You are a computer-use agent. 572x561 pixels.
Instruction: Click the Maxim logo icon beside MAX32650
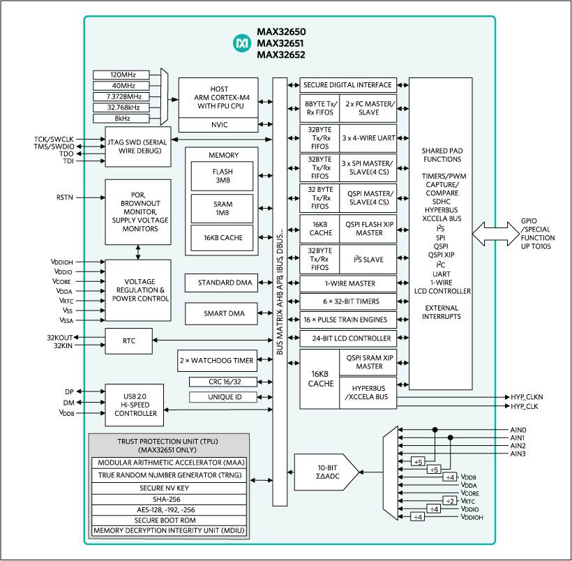tap(242, 44)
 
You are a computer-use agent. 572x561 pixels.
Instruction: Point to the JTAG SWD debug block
tap(138, 147)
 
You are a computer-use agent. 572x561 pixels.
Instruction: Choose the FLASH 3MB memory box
tap(223, 176)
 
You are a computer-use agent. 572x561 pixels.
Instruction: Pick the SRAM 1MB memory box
tap(223, 207)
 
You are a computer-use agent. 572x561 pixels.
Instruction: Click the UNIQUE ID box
tap(223, 397)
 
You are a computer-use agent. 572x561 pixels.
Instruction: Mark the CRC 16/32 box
tap(223, 382)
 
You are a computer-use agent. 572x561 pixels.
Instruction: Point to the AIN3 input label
tap(518, 454)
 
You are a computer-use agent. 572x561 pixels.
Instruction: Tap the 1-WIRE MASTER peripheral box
tap(348, 283)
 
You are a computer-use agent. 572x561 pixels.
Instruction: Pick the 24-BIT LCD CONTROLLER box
tap(348, 338)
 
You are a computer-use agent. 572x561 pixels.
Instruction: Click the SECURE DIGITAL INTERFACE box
tap(348, 85)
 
